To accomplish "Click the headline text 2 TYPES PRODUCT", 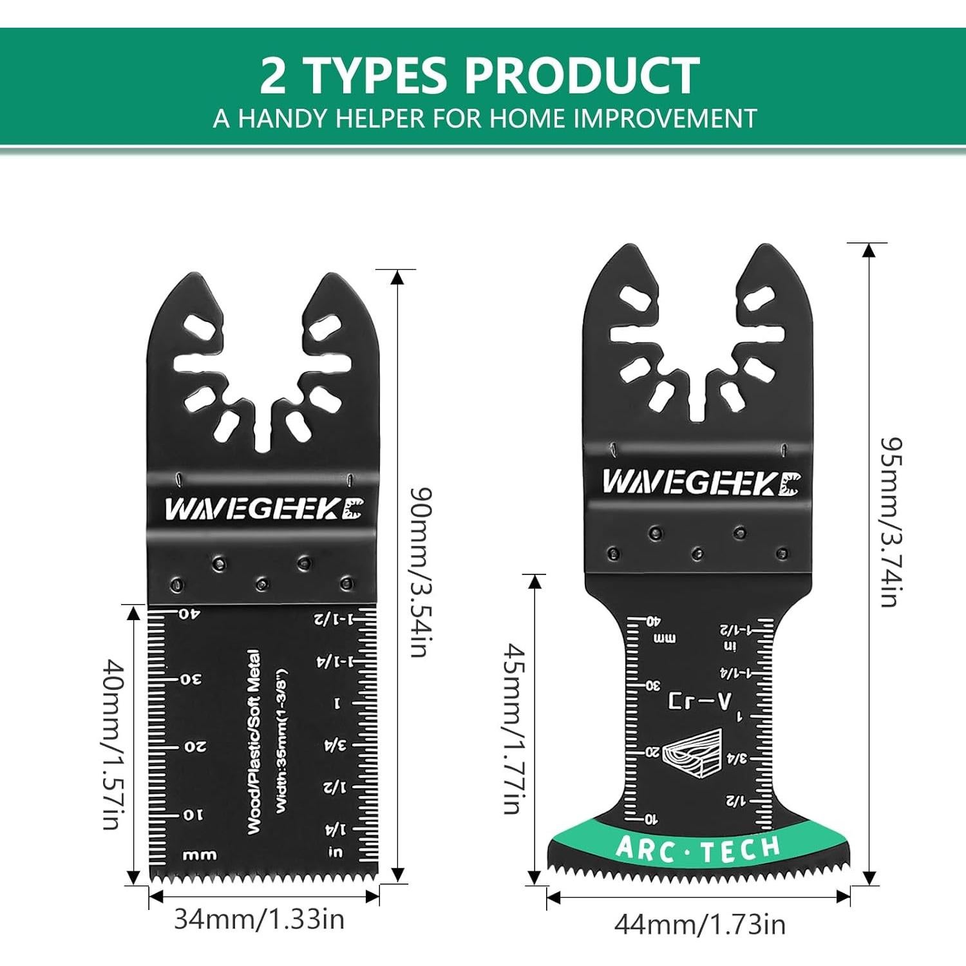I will [x=480, y=75].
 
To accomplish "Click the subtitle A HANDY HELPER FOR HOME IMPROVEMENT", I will [x=485, y=119].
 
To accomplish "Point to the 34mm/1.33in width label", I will [x=260, y=920].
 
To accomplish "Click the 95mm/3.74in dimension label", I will [x=892, y=522].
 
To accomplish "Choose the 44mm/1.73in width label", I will [x=699, y=925].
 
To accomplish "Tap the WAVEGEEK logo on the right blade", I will [x=701, y=482].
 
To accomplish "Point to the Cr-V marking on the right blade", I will [x=699, y=701].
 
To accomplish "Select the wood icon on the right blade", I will [x=693, y=753].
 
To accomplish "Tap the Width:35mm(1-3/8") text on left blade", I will [x=281, y=742].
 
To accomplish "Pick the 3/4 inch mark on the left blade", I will [x=335, y=745].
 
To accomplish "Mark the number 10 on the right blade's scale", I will [x=652, y=819].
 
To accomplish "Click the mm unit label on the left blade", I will [x=200, y=856].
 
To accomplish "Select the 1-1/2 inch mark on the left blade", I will [x=334, y=620].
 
